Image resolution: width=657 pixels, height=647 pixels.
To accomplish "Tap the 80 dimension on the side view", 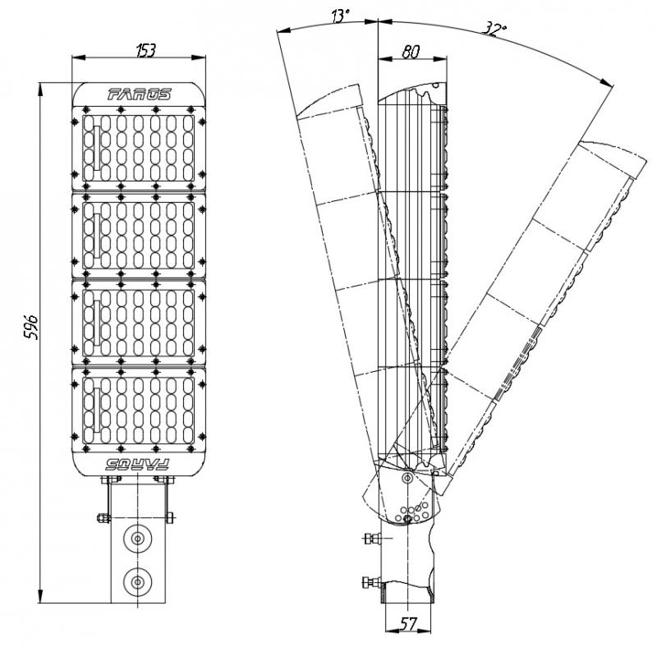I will point(411,51).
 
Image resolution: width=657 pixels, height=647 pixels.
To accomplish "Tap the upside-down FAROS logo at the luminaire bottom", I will point(138,464).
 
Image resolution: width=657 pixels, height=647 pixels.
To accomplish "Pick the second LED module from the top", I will point(138,235).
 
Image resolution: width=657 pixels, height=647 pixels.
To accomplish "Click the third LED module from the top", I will point(138,323).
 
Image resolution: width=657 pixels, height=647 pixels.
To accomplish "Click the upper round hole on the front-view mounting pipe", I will point(136,539).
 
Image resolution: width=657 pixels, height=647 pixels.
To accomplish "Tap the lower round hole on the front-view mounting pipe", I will point(136,582).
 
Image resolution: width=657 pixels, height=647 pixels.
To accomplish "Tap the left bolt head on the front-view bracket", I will point(102,517).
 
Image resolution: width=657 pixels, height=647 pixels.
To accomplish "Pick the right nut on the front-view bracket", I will point(171,517).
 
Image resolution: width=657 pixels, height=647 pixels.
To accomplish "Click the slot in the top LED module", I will point(95,148).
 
